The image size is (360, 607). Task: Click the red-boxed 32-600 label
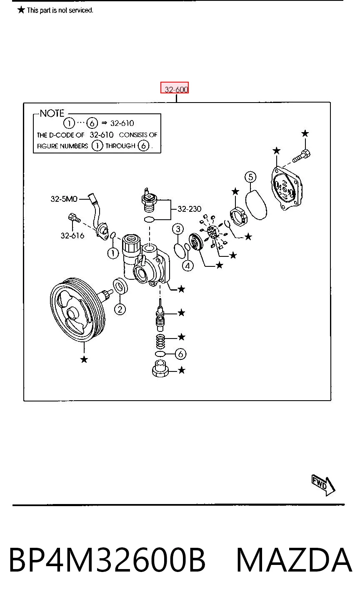pyautogui.click(x=175, y=88)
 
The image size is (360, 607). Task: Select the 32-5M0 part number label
pyautogui.click(x=64, y=199)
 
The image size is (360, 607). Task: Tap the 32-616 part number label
pyautogui.click(x=72, y=236)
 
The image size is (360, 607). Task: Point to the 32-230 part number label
pyautogui.click(x=189, y=209)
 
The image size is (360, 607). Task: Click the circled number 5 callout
pyautogui.click(x=250, y=177)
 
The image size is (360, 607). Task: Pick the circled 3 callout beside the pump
pyautogui.click(x=178, y=229)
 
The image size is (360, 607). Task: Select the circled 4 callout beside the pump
pyautogui.click(x=188, y=266)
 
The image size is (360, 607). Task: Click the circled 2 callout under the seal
pyautogui.click(x=120, y=309)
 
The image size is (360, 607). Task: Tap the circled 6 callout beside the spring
pyautogui.click(x=181, y=354)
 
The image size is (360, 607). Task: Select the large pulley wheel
pyautogui.click(x=78, y=310)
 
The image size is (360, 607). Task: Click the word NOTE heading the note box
pyautogui.click(x=52, y=113)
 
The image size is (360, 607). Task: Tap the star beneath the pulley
pyautogui.click(x=84, y=359)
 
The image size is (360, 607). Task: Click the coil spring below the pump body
pyautogui.click(x=160, y=341)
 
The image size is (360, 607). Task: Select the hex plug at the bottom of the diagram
pyautogui.click(x=161, y=369)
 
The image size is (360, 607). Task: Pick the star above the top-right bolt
pyautogui.click(x=305, y=133)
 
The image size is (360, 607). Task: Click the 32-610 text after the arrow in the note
pyautogui.click(x=122, y=123)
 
